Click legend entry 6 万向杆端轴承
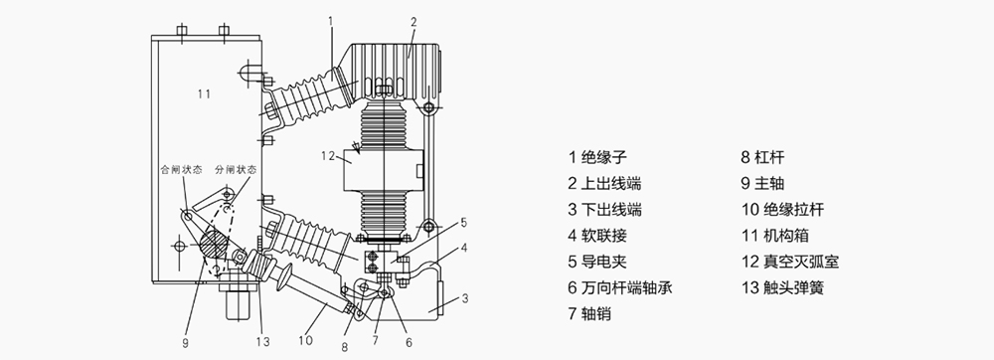tap(618, 288)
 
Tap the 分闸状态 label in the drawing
tap(236, 170)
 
